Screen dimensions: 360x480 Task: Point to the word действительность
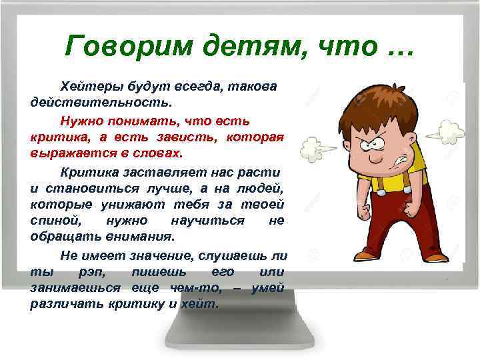(x=101, y=103)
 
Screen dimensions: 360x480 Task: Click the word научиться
(x=207, y=220)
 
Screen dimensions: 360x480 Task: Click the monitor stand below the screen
(x=240, y=333)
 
